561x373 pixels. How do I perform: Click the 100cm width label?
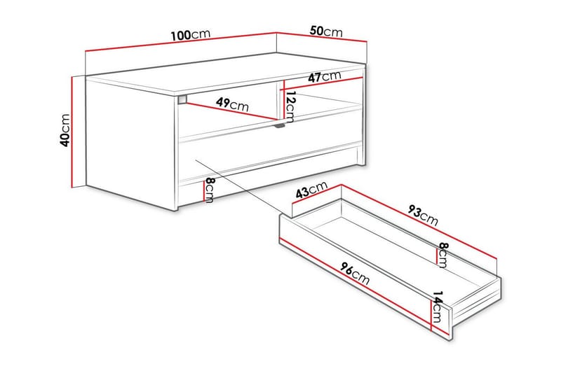pyautogui.click(x=191, y=36)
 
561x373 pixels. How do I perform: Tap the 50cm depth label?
pyautogui.click(x=325, y=31)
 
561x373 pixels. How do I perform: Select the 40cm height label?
pyautogui.click(x=65, y=130)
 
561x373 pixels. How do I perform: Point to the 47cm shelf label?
pyautogui.click(x=324, y=77)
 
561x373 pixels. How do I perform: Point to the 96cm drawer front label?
pyautogui.click(x=355, y=273)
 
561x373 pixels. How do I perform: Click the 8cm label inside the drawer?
pyautogui.click(x=442, y=254)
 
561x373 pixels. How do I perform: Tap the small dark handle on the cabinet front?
pyautogui.click(x=280, y=127)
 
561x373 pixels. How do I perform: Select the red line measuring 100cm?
pyautogui.click(x=181, y=42)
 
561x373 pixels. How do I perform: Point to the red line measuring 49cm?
pyautogui.click(x=231, y=112)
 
